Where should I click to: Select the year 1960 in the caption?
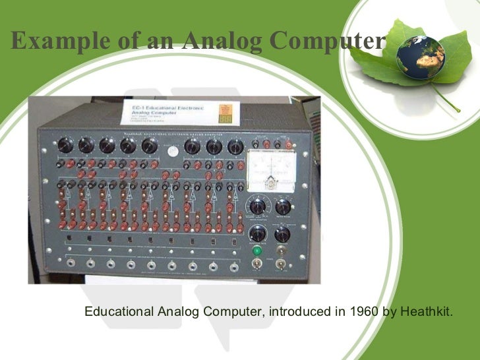point(362,311)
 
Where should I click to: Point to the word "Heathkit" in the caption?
point(425,311)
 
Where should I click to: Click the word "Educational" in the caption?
point(118,311)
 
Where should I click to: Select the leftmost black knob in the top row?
point(65,145)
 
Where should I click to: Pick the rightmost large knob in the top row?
point(235,146)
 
